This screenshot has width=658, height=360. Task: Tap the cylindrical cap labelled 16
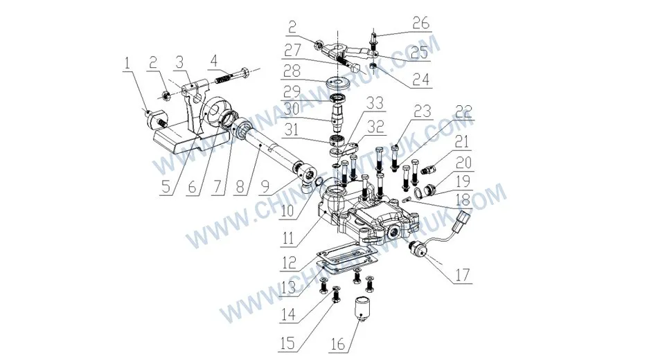point(363,306)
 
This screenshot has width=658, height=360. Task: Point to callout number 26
point(420,24)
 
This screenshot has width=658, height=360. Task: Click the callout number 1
point(127,64)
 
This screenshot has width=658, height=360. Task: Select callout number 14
point(292,314)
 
